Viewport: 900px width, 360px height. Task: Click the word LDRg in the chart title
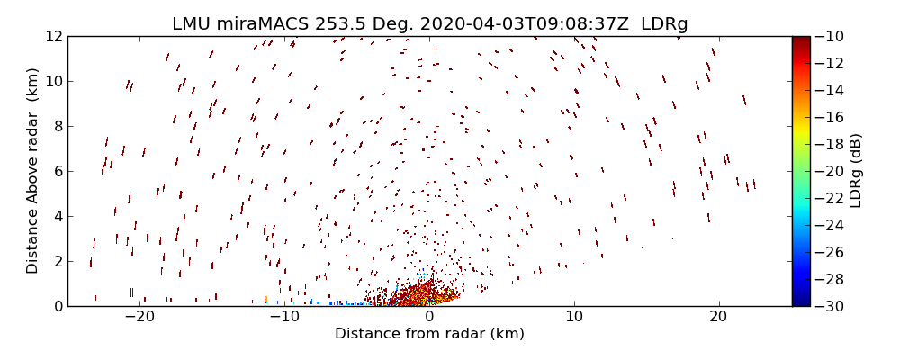click(x=664, y=24)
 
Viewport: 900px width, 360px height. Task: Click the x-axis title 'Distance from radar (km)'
click(x=429, y=334)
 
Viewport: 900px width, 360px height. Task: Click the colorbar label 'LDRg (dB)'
click(x=856, y=171)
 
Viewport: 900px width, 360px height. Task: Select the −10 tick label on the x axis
click(x=283, y=317)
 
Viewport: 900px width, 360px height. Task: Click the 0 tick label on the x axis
click(x=429, y=317)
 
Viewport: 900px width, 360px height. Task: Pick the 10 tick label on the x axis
click(x=574, y=317)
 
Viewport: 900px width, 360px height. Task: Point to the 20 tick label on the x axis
click(x=718, y=317)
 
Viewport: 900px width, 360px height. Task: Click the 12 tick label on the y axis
click(x=53, y=36)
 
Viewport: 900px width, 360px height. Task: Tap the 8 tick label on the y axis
click(x=57, y=126)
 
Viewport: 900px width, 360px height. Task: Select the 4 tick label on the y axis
click(x=57, y=216)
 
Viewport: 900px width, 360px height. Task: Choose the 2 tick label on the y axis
click(x=57, y=261)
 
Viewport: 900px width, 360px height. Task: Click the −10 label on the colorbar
click(x=827, y=36)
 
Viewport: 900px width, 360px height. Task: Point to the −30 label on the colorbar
click(x=827, y=306)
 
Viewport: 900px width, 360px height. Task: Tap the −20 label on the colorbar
click(x=827, y=171)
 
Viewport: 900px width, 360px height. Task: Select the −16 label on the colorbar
click(x=827, y=117)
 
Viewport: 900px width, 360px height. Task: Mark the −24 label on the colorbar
click(x=827, y=225)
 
